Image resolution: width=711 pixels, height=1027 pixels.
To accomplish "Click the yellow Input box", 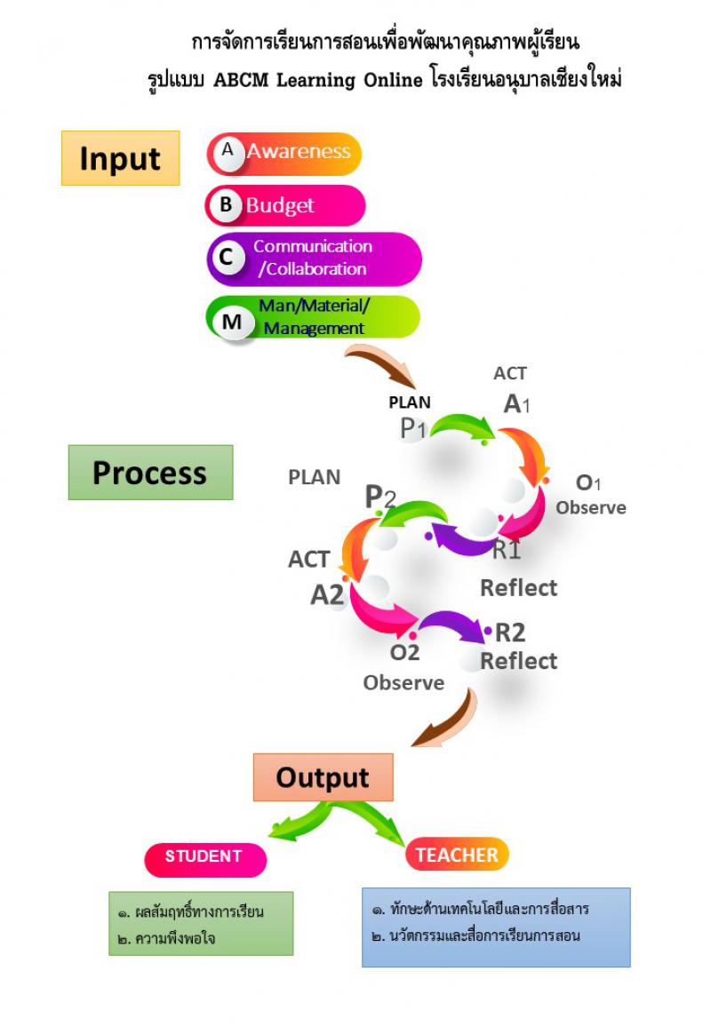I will [x=120, y=158].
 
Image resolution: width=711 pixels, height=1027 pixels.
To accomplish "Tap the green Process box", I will [x=150, y=473].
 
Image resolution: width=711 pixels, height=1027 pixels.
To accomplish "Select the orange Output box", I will [x=323, y=777].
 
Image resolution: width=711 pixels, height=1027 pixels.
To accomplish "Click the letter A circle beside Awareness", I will [x=228, y=151].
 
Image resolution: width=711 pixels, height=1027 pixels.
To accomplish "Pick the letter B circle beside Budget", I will [x=226, y=205].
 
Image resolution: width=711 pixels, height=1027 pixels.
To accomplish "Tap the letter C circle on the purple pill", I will [x=227, y=258].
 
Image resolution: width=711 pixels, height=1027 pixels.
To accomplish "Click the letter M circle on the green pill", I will [x=232, y=321].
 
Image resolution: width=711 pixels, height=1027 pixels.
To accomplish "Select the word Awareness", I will [x=299, y=151].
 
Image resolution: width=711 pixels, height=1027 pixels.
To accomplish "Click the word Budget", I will [x=280, y=206].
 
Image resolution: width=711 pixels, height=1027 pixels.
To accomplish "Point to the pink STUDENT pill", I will [x=204, y=857].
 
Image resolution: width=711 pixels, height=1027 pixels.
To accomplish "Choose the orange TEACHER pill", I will [x=458, y=855].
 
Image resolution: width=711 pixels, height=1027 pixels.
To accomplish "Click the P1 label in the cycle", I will [x=413, y=428].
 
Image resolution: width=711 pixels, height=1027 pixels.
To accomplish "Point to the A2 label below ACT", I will [x=327, y=594].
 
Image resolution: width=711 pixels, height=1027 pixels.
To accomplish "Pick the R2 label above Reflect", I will [x=510, y=633].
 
